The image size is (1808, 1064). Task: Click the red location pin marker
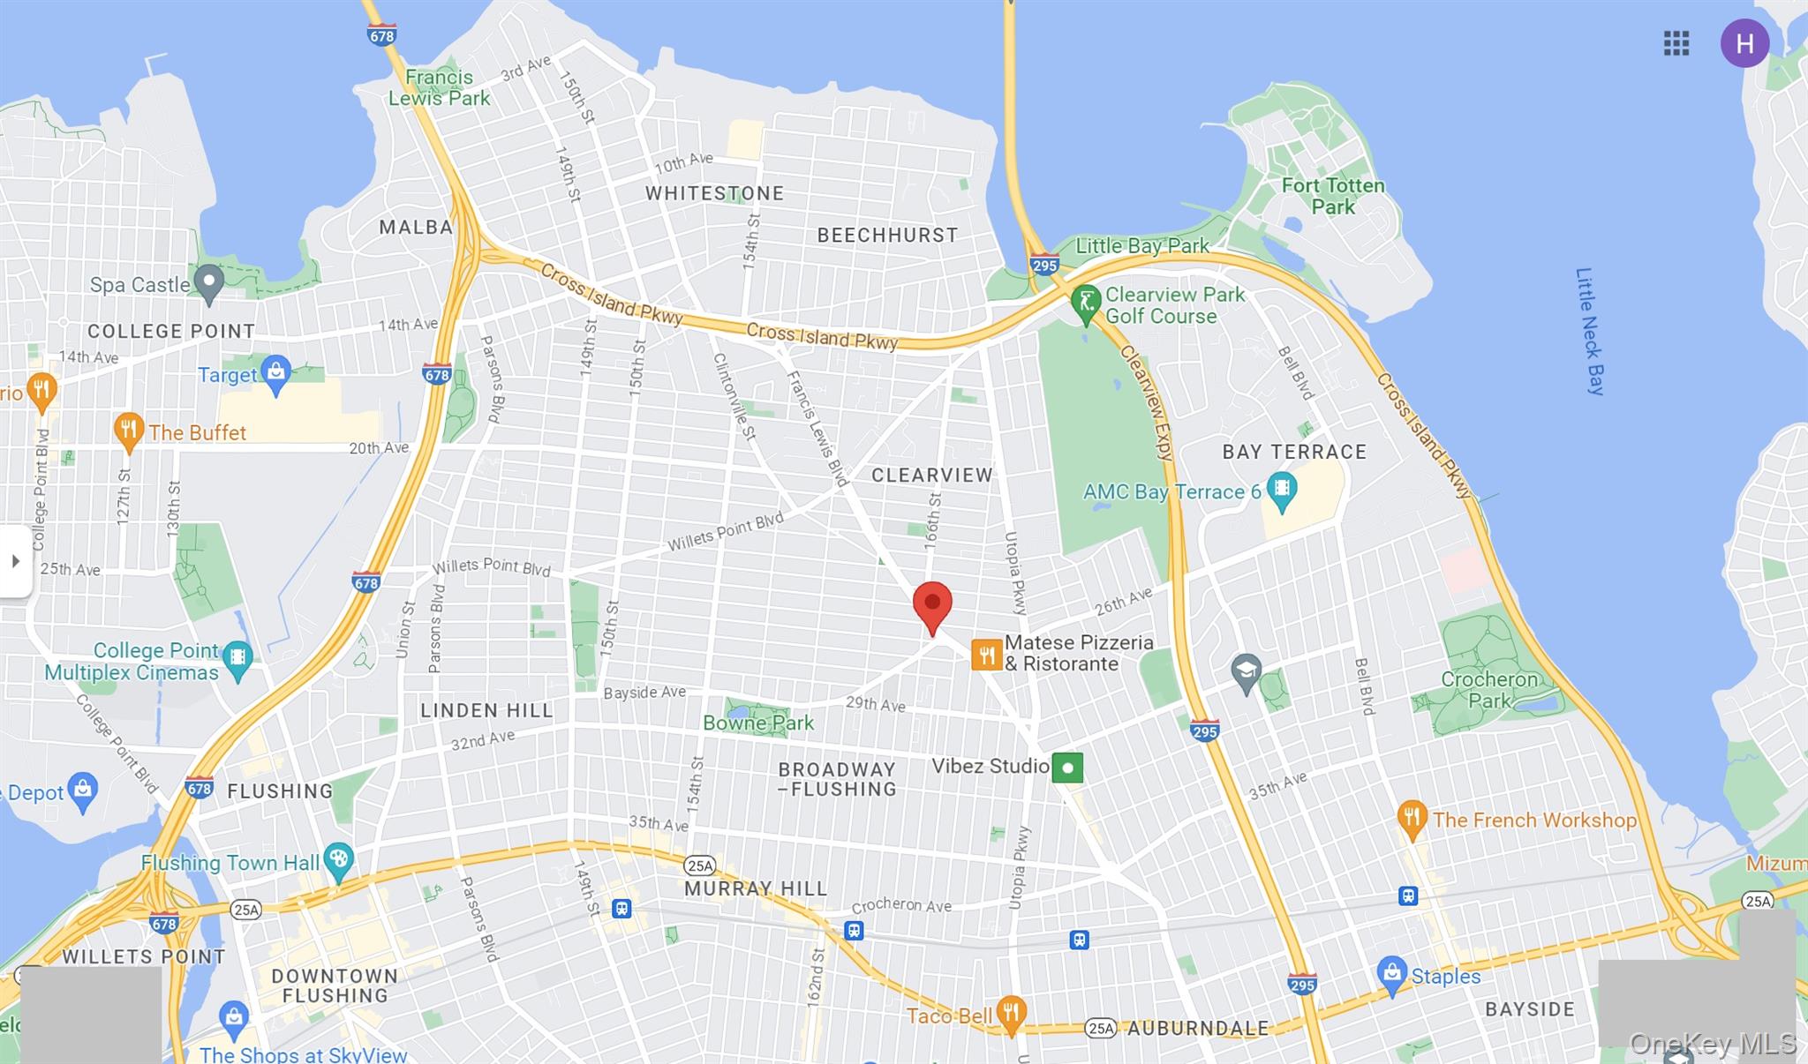tap(932, 605)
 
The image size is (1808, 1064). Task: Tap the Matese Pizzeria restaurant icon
tap(986, 655)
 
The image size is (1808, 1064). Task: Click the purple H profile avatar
tap(1744, 43)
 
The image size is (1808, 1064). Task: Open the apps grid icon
tap(1676, 43)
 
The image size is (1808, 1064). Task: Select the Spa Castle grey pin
tap(208, 282)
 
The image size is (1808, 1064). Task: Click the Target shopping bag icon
tap(276, 374)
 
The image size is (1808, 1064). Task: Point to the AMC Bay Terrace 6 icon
tap(1281, 490)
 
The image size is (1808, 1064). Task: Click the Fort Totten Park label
tap(1333, 196)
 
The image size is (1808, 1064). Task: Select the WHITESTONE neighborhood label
tap(714, 193)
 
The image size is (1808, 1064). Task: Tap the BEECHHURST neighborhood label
tap(887, 236)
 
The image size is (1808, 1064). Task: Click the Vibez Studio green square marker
tap(1067, 768)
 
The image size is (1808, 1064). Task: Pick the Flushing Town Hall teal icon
tap(339, 860)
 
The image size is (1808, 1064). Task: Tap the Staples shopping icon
tap(1391, 974)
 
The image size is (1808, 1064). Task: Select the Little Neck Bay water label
tap(1590, 331)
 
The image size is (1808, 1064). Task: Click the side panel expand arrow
tap(15, 561)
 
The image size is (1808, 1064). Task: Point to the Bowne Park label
tap(758, 723)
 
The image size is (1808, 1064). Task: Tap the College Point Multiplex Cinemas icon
tap(237, 658)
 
